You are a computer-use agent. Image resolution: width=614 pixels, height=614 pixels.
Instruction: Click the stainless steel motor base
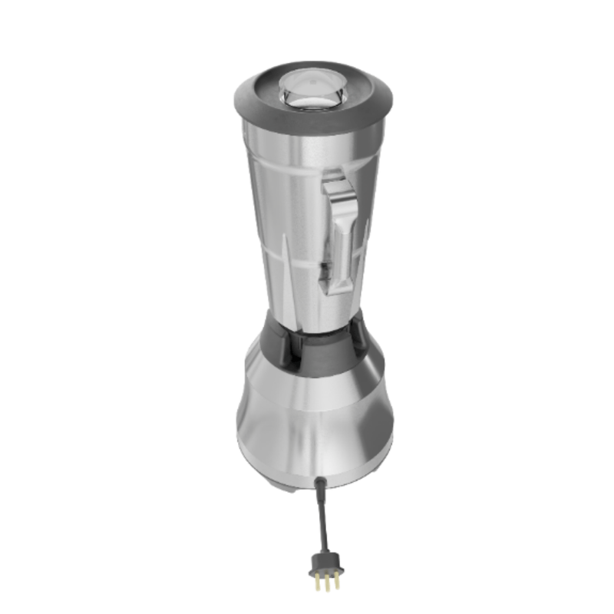click(x=315, y=430)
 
